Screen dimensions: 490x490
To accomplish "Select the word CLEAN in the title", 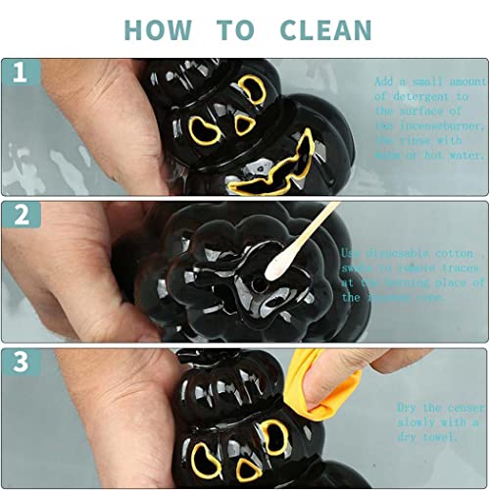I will pos(325,29).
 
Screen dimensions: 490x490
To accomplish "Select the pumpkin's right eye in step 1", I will pos(252,90).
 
